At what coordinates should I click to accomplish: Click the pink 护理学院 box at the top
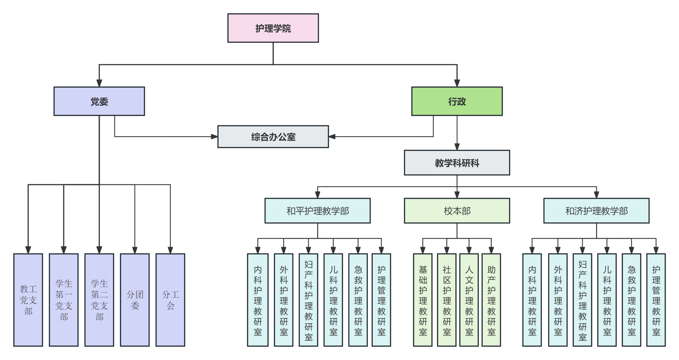pyautogui.click(x=273, y=28)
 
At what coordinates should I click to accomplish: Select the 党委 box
pyautogui.click(x=99, y=101)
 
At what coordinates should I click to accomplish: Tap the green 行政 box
pyautogui.click(x=457, y=101)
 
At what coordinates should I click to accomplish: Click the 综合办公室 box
pyautogui.click(x=273, y=137)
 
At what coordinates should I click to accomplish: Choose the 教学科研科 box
pyautogui.click(x=457, y=163)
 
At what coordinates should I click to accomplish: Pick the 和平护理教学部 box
pyautogui.click(x=317, y=211)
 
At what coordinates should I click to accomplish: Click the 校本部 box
pyautogui.click(x=457, y=211)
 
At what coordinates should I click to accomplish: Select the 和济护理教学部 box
pyautogui.click(x=596, y=211)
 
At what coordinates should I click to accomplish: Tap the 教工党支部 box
pyautogui.click(x=28, y=300)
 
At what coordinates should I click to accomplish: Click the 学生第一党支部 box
pyautogui.click(x=64, y=300)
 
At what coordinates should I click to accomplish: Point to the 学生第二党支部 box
pyautogui.click(x=99, y=300)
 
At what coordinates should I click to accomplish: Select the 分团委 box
pyautogui.click(x=135, y=300)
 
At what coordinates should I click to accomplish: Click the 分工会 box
pyautogui.click(x=170, y=300)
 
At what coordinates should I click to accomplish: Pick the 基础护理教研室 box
pyautogui.click(x=423, y=300)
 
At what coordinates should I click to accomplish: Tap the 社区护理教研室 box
pyautogui.click(x=447, y=300)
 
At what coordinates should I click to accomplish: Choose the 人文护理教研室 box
pyautogui.click(x=469, y=300)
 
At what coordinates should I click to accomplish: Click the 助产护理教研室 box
pyautogui.click(x=491, y=300)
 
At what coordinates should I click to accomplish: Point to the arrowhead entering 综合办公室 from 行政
pyautogui.click(x=332, y=137)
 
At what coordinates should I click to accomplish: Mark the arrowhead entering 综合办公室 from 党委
pyautogui.click(x=214, y=137)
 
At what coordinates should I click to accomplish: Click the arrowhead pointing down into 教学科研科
pyautogui.click(x=457, y=147)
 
